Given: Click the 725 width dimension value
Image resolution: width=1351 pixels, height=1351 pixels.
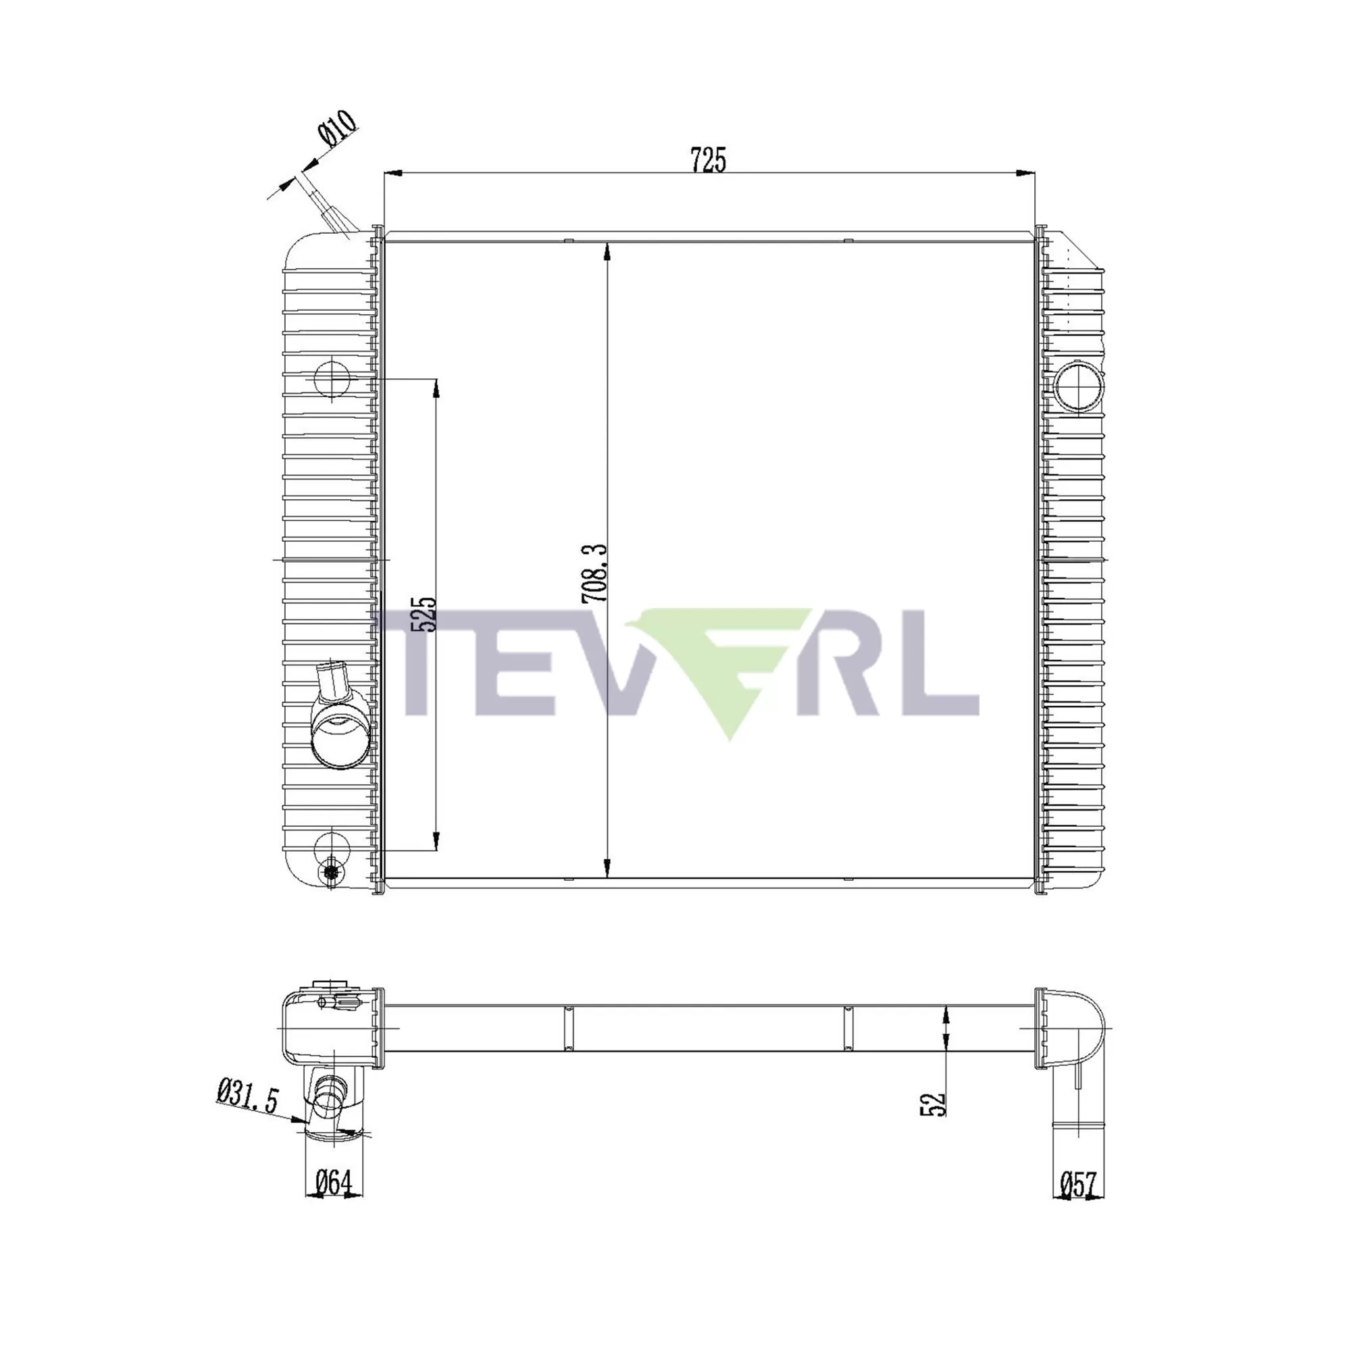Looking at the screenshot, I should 709,159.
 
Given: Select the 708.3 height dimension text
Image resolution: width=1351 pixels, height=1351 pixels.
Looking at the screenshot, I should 595,573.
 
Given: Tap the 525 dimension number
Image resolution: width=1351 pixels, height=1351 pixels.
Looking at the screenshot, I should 423,615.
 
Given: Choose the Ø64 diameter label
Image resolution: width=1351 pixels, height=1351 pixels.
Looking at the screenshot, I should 333,1183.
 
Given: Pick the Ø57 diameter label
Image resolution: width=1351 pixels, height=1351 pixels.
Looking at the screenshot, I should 1078,1185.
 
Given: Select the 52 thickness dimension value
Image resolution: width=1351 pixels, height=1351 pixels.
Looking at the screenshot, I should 934,1104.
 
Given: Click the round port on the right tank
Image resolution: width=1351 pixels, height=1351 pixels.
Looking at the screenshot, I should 1078,386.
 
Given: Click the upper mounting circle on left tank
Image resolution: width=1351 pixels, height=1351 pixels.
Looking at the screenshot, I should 332,379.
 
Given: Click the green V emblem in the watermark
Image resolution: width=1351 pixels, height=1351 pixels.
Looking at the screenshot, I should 728,664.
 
